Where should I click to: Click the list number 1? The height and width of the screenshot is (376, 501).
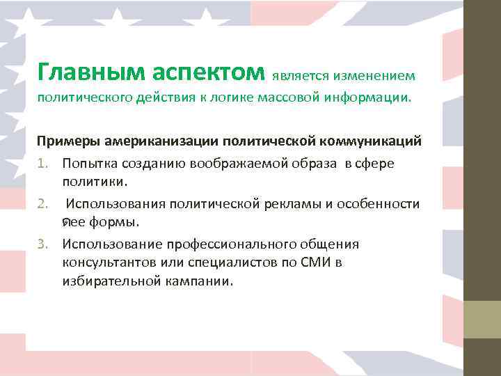tap(44, 164)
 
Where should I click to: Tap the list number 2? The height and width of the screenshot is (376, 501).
tap(44, 204)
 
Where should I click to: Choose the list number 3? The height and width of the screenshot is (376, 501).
tap(44, 244)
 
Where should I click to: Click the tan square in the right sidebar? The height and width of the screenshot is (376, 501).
tap(482, 320)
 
